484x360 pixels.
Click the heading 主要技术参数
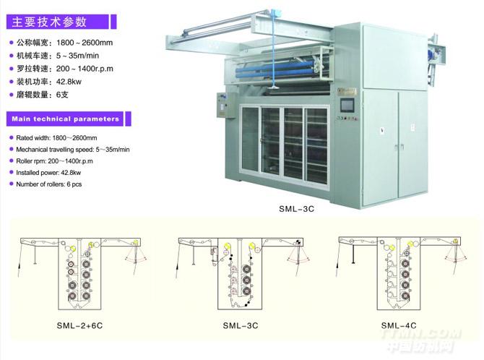(49, 22)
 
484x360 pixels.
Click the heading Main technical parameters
(66, 119)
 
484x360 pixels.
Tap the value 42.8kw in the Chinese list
(69, 82)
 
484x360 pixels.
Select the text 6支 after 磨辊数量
(62, 95)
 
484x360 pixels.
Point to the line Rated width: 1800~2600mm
(56, 138)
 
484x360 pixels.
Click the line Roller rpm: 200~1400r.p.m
(54, 161)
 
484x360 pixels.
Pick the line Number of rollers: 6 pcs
(49, 184)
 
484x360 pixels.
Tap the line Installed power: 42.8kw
(48, 173)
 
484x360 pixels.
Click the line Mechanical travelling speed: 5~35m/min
(73, 150)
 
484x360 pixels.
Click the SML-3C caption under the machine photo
(296, 209)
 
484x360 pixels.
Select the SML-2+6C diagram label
(79, 326)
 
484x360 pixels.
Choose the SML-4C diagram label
(399, 325)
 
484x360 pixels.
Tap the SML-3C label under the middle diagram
(241, 326)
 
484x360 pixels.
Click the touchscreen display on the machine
(347, 106)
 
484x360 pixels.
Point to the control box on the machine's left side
(224, 105)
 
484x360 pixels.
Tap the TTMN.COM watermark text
(421, 335)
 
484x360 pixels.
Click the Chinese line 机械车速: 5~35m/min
(58, 56)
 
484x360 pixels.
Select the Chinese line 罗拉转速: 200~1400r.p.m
(65, 69)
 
